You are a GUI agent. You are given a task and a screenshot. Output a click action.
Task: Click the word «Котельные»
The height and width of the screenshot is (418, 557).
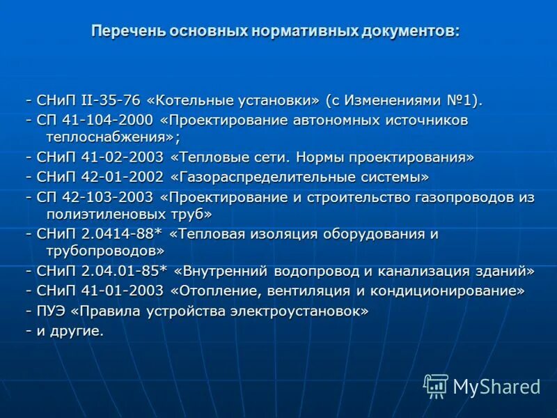tap(181, 100)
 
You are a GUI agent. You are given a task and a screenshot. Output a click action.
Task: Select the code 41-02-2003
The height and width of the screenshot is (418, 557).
tap(124, 157)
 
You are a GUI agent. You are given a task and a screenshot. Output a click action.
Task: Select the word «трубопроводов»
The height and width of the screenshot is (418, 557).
tap(105, 251)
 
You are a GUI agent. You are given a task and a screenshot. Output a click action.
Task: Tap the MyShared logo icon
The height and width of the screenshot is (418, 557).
tap(436, 385)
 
